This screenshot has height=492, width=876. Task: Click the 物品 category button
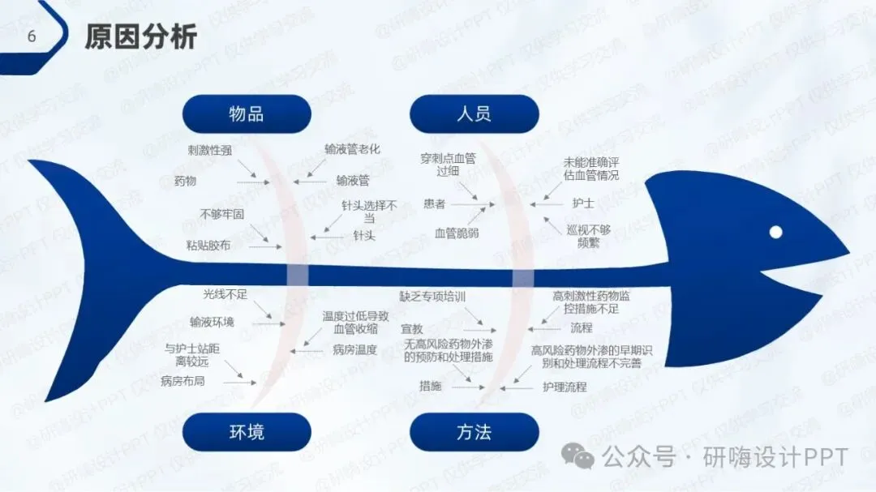[x=247, y=114]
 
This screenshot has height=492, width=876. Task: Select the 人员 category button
[x=474, y=114]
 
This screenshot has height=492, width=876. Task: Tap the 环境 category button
[x=247, y=432]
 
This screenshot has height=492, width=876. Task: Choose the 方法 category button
[x=474, y=432]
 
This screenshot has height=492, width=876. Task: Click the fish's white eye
[x=775, y=232]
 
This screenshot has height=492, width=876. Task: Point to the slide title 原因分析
[x=141, y=36]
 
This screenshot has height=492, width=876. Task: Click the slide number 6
[x=32, y=36]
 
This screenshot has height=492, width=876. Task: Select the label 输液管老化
[x=353, y=149]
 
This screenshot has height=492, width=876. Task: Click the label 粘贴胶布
[x=208, y=245]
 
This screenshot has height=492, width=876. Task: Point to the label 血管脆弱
[x=457, y=233]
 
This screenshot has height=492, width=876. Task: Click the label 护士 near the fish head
[x=583, y=203]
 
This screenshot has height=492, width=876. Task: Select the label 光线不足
[x=225, y=292]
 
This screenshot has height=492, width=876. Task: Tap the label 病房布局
[x=182, y=380]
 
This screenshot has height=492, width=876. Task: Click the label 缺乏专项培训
[x=432, y=297]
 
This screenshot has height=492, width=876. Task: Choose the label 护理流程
[x=565, y=387]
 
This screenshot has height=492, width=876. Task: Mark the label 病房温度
[x=354, y=350]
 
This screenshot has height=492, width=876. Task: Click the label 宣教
[x=412, y=329]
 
